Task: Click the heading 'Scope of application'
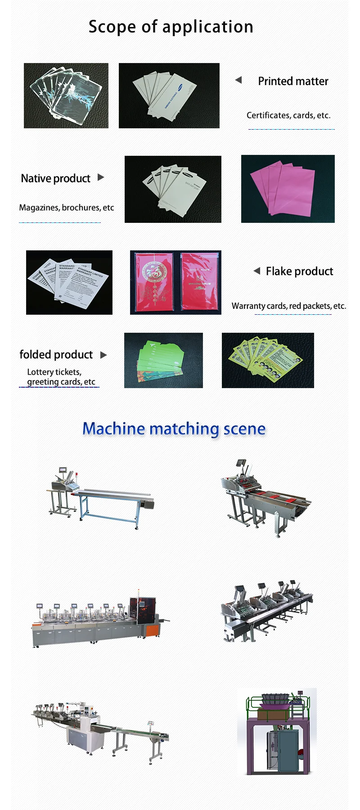click(171, 27)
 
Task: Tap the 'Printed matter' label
click(293, 81)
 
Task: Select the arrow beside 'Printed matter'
click(238, 80)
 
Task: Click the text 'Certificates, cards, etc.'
click(288, 116)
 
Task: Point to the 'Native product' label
click(55, 179)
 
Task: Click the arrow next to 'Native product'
click(101, 177)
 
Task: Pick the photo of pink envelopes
click(288, 189)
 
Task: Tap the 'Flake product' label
click(299, 272)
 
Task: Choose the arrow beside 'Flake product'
click(256, 271)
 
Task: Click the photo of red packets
click(175, 282)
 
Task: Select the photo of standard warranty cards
click(69, 282)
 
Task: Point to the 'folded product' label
click(56, 355)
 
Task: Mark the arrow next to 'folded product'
click(103, 355)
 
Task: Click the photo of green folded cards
click(163, 360)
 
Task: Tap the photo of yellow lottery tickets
click(268, 360)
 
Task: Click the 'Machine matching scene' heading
click(174, 429)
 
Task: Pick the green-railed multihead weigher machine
click(277, 731)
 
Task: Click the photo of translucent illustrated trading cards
click(66, 95)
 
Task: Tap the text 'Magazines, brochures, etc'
click(66, 208)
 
